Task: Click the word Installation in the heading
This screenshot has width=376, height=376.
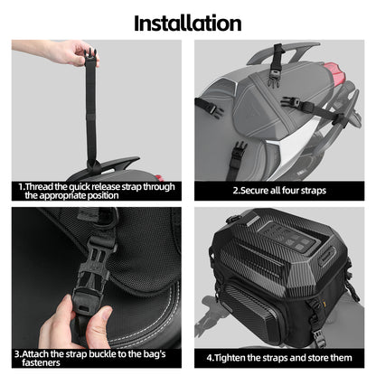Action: coord(187,22)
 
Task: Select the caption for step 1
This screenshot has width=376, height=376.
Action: coord(95,190)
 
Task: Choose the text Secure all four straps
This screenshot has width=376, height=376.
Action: coord(279,191)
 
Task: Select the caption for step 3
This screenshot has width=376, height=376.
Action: coord(95,359)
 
